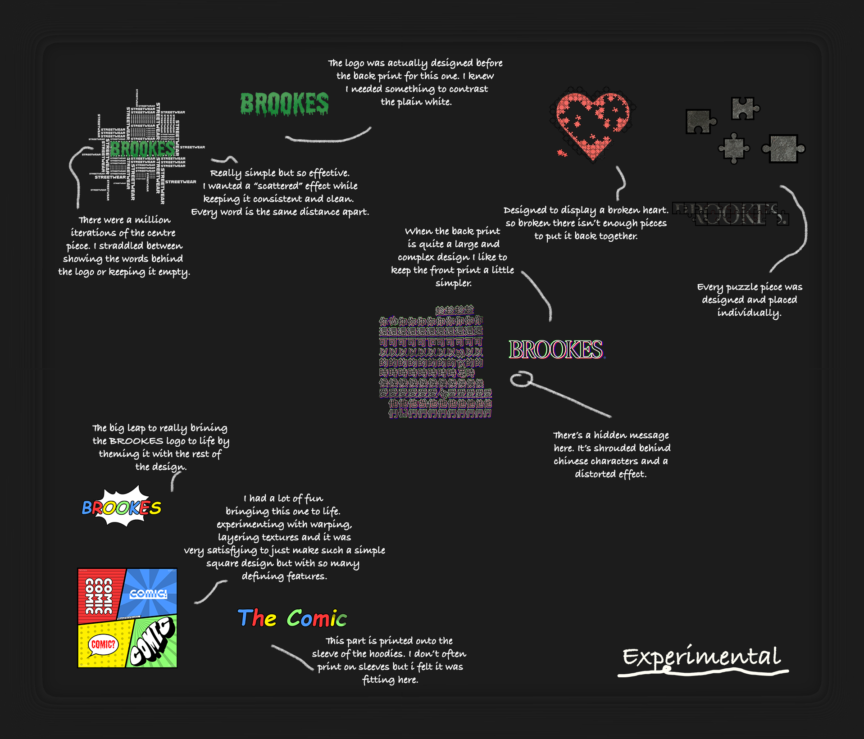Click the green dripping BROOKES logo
(x=284, y=104)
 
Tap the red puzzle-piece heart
(x=592, y=124)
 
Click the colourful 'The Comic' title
(x=292, y=618)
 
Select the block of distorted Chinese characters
(x=435, y=363)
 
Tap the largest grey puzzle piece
(x=783, y=148)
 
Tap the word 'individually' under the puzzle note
(x=749, y=313)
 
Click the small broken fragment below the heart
(x=562, y=154)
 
